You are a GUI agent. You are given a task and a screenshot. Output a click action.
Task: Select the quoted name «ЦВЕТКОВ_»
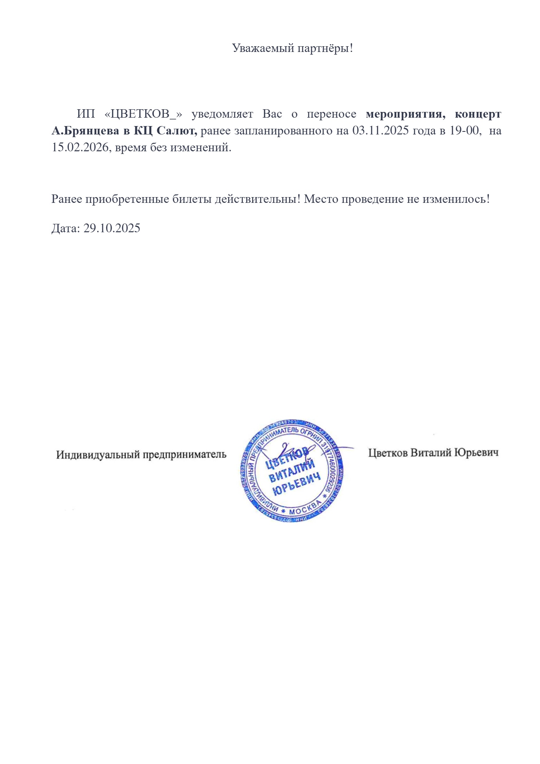pos(143,114)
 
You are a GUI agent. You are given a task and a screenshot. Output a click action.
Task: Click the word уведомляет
pos(222,114)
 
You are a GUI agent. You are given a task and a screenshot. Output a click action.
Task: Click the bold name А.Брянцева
pos(85,131)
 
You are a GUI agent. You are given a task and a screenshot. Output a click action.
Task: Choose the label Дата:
pos(66,228)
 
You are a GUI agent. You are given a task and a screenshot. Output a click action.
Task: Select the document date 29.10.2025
pos(112,228)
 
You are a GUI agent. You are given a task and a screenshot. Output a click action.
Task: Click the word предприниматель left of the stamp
pos(185,455)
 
